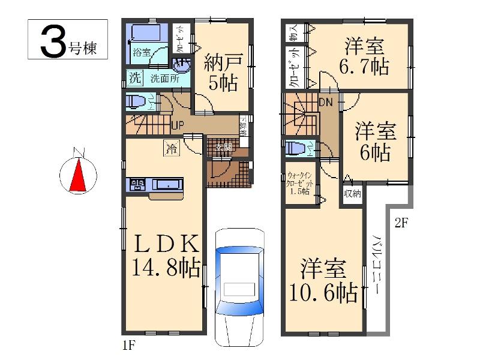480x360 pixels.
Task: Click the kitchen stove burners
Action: coord(136,185)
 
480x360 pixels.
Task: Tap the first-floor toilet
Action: coord(136,102)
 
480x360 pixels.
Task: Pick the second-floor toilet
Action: coord(295,148)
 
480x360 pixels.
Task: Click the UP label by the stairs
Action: coord(177,125)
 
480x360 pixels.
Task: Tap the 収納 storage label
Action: coord(353,193)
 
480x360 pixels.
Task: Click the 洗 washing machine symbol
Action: coord(136,77)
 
